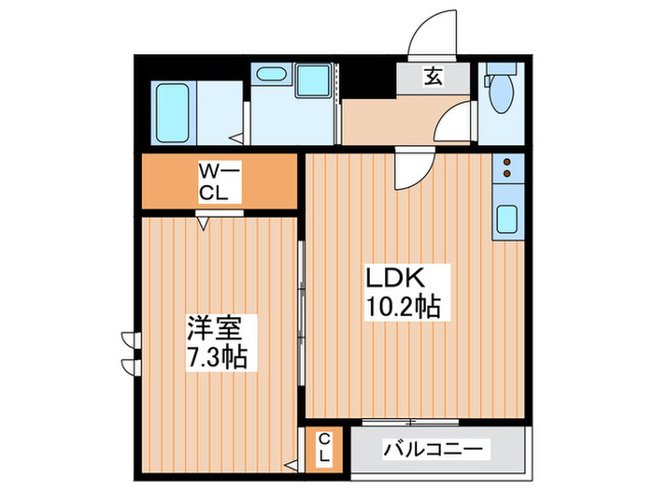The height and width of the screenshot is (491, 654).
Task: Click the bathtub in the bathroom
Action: click(172, 112)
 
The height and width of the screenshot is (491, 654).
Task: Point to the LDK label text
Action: click(394, 278)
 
